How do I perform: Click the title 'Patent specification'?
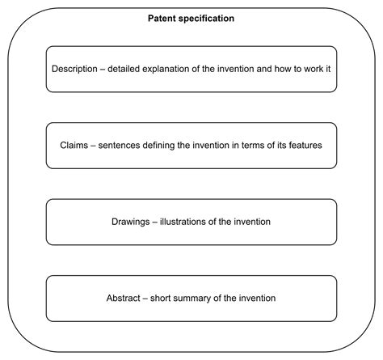(x=191, y=18)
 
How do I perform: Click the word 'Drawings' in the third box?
(x=132, y=222)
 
